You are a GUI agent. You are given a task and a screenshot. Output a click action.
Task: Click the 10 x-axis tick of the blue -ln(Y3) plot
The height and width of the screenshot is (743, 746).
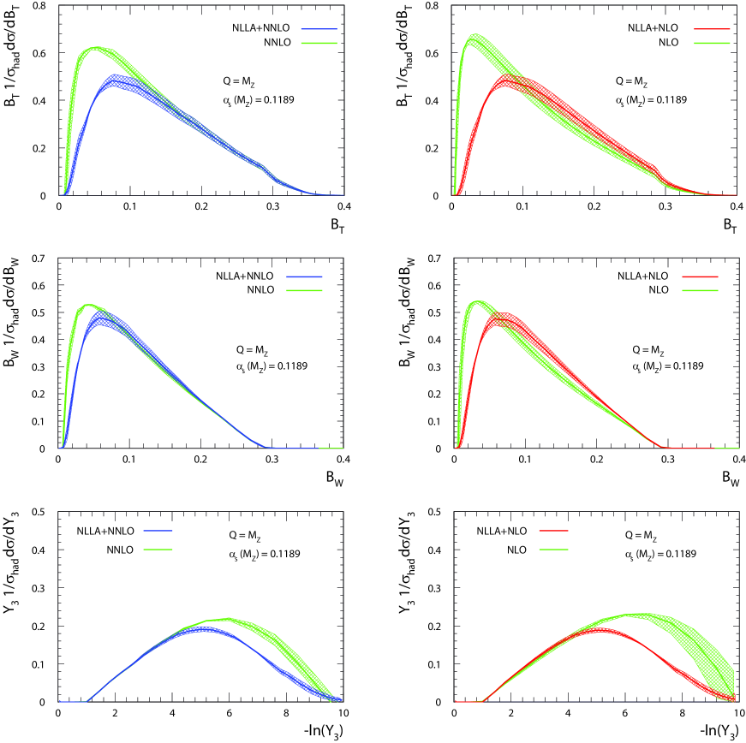[x=343, y=712]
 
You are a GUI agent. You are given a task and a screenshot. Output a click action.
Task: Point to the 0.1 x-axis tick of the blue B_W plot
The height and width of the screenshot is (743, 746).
[x=128, y=459]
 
